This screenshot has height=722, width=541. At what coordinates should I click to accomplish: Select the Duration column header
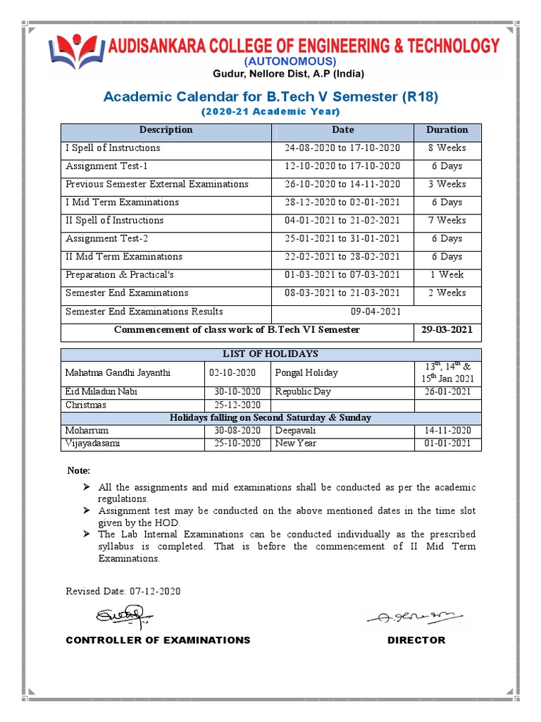click(447, 130)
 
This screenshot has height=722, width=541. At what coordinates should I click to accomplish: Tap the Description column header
click(166, 130)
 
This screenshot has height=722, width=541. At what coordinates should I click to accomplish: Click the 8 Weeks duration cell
click(447, 148)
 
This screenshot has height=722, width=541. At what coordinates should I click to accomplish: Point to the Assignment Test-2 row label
click(106, 239)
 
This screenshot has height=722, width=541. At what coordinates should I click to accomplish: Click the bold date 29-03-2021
click(447, 330)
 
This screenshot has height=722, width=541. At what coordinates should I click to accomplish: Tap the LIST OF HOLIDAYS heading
click(270, 354)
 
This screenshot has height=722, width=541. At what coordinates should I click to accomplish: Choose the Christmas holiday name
click(86, 405)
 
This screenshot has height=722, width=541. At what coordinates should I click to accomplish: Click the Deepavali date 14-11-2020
click(447, 431)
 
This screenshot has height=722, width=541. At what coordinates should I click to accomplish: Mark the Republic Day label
click(303, 392)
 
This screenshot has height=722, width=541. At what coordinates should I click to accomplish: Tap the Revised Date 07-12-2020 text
click(123, 592)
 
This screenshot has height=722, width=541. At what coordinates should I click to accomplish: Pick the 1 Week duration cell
click(447, 275)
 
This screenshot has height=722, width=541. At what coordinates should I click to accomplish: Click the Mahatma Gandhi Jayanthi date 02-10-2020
click(237, 373)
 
